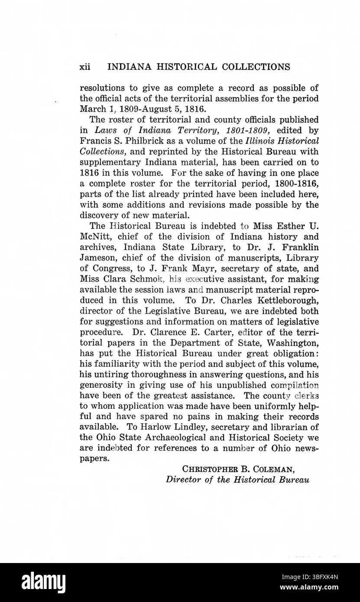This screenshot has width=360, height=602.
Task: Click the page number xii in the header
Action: pos(85,67)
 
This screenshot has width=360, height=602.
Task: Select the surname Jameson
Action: pos(98,258)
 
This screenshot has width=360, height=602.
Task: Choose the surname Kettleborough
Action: pos(288,300)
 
